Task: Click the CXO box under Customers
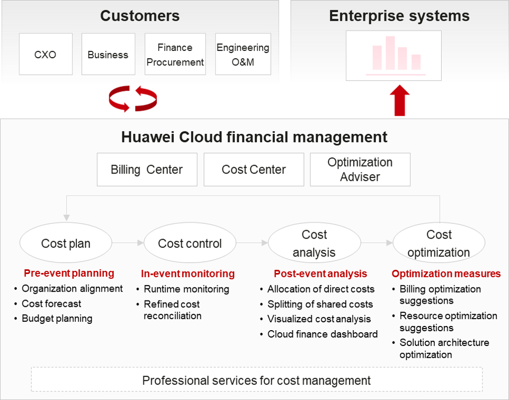point(46,54)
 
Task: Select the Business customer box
point(109,54)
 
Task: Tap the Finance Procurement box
point(175,54)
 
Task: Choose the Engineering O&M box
point(243,54)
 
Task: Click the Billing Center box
point(147,169)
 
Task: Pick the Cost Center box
point(254,169)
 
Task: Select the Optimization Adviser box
point(360,169)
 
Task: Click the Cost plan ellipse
point(66,243)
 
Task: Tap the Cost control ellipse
point(190,243)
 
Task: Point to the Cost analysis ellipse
point(314,243)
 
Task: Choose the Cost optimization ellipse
point(439,243)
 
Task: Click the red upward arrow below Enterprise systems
point(399,101)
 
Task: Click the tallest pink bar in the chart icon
point(390,53)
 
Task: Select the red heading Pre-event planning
point(69,273)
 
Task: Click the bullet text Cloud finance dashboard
point(323,334)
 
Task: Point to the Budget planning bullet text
point(57,319)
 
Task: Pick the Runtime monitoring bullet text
point(186,289)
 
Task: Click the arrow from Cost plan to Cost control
point(128,243)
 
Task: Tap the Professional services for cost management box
point(257,379)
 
